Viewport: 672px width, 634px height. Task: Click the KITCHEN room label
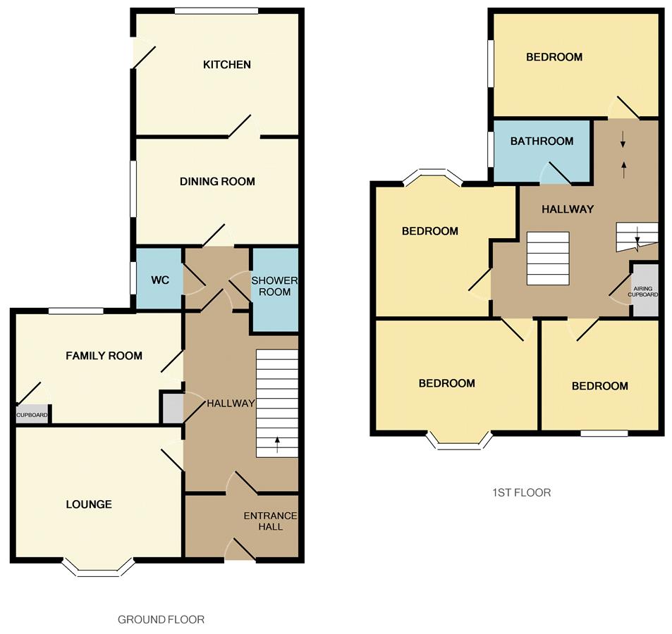(x=226, y=65)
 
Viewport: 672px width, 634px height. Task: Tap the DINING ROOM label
(x=216, y=182)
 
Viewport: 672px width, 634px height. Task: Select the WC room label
(x=160, y=280)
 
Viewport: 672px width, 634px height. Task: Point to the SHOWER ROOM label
(x=275, y=286)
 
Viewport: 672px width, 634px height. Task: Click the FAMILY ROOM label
(x=104, y=356)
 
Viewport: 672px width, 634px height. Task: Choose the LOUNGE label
(x=89, y=504)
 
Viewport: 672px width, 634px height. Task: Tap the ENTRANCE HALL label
(x=271, y=521)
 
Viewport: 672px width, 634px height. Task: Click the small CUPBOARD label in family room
(x=32, y=415)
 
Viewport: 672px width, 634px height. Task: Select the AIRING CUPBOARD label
(x=644, y=290)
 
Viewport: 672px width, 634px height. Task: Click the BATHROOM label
(x=542, y=141)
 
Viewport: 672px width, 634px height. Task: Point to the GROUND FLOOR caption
(x=161, y=620)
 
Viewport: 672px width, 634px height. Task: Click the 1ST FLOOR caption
(x=522, y=492)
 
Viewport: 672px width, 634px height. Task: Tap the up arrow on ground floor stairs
(x=276, y=445)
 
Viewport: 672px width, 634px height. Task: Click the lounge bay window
(x=97, y=569)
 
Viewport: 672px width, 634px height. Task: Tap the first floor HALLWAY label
(x=567, y=209)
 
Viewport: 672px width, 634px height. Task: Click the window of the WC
(x=133, y=278)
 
